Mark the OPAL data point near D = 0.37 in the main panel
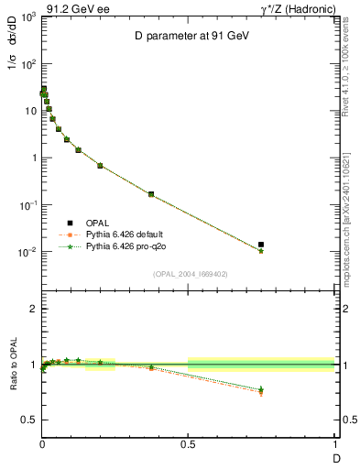tap(150, 194)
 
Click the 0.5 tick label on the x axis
tap(188, 443)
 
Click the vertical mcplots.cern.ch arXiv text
tap(351, 211)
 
